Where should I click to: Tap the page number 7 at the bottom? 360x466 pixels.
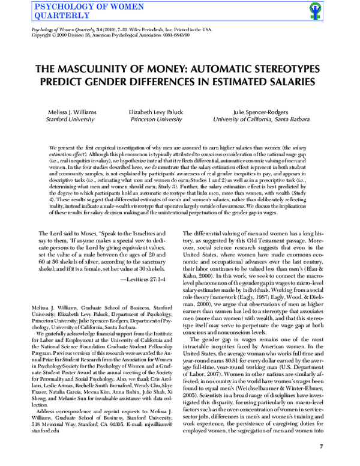point(322,446)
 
